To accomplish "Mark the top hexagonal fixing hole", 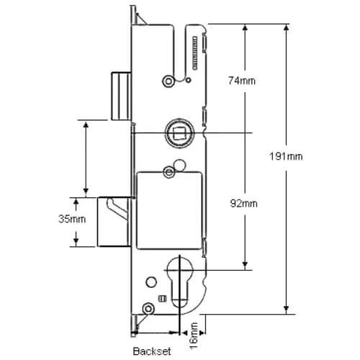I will click(168, 80).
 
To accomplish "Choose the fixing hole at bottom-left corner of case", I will click(148, 309).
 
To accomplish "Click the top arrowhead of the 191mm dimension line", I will click(288, 27).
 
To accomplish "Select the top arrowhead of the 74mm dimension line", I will click(246, 27).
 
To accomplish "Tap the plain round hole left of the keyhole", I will click(151, 282).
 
